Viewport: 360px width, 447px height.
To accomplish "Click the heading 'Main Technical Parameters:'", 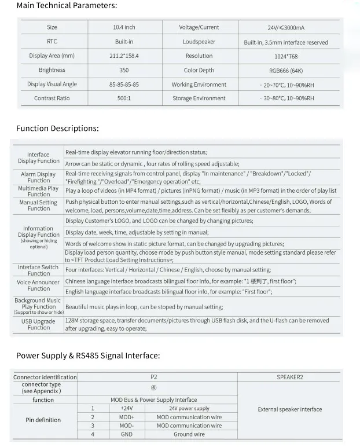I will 67,6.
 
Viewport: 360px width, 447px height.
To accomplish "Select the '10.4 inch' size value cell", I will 124,27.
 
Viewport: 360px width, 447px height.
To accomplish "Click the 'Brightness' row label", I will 52,70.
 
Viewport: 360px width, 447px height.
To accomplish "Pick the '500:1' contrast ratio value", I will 124,98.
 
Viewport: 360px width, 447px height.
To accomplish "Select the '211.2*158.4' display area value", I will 124,56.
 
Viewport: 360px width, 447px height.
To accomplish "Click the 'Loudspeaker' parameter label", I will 199,42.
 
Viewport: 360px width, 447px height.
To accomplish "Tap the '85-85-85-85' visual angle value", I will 124,85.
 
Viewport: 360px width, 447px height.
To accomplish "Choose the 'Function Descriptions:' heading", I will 57,129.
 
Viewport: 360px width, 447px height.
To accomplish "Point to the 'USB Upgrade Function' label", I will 38,324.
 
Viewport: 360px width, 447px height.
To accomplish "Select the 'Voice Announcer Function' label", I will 38,285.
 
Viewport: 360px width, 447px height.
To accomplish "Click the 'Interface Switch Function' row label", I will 38,270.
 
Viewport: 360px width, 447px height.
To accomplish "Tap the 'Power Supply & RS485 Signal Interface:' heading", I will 88,356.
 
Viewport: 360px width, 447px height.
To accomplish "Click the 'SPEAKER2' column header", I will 289,377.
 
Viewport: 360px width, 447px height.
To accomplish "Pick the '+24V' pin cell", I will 126,408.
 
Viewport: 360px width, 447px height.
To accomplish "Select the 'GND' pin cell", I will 126,434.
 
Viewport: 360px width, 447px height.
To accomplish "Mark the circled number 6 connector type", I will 153,388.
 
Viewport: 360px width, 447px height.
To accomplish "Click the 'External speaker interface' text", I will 289,409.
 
